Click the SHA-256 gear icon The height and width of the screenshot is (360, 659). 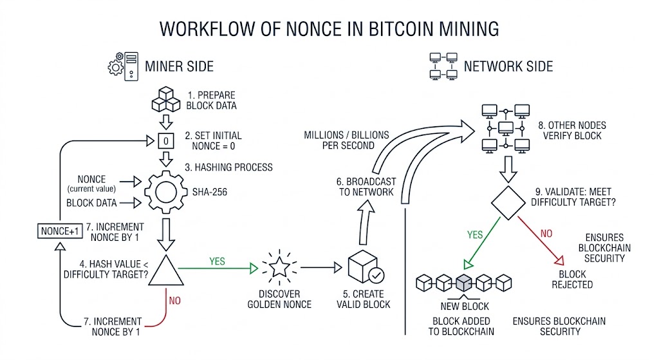[166, 192]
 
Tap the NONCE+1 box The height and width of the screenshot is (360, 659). [60, 231]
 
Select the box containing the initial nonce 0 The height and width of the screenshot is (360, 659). [166, 141]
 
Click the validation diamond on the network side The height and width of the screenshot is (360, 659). [508, 203]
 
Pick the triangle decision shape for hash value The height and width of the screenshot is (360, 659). [166, 270]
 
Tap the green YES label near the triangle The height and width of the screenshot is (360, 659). [218, 261]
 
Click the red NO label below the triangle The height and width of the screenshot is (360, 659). [175, 301]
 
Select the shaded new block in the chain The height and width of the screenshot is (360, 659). [464, 283]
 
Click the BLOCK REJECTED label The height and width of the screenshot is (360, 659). [572, 279]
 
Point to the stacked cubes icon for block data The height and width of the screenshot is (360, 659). [166, 99]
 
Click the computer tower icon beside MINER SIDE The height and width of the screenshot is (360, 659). [131, 66]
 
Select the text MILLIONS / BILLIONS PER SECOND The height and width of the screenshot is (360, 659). [347, 140]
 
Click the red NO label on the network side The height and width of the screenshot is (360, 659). [546, 233]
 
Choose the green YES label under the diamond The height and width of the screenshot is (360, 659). [475, 234]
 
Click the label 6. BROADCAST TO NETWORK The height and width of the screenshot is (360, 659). [366, 187]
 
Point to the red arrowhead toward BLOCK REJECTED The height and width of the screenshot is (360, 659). [559, 261]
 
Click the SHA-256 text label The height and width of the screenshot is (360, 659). [210, 192]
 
